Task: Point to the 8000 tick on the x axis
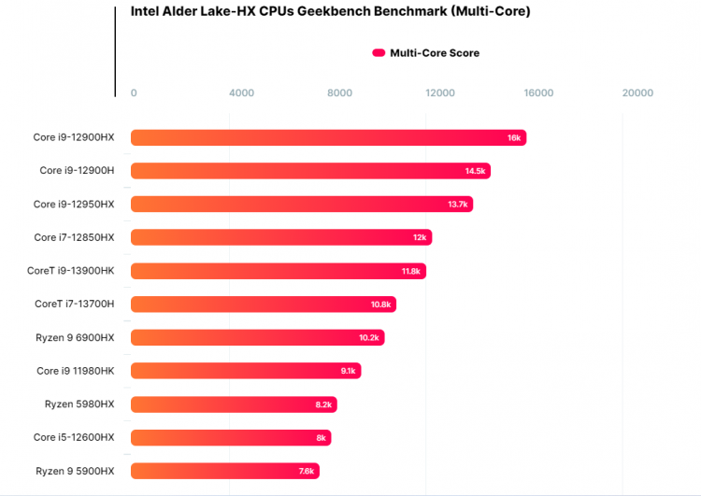[x=340, y=92]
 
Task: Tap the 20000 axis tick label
[x=637, y=92]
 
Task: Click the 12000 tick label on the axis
[x=439, y=92]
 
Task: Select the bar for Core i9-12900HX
[x=328, y=137]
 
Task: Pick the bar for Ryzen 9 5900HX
[x=224, y=471]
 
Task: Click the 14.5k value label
[x=475, y=171]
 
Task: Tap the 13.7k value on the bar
[x=458, y=205]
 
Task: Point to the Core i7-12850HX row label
[x=74, y=237]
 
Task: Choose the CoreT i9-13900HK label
[x=71, y=271]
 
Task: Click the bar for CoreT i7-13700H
[x=263, y=305]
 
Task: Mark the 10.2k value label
[x=369, y=338]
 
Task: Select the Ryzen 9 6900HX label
[x=74, y=337]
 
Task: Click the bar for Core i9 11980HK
[x=245, y=371]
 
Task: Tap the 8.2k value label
[x=323, y=404]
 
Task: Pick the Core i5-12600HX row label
[x=74, y=437]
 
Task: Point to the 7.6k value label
[x=307, y=471]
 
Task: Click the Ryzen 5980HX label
[x=79, y=404]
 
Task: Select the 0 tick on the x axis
[x=134, y=92]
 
